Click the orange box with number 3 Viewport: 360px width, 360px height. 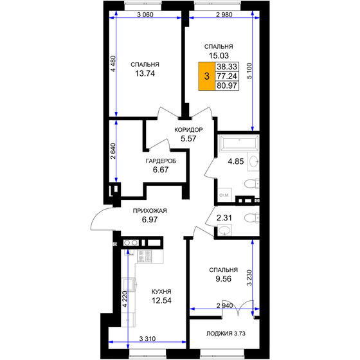tap(206, 76)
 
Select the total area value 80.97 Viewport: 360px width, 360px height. tap(226, 84)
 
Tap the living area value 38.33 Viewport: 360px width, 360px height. tap(226, 66)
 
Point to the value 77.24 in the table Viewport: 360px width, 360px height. tap(226, 75)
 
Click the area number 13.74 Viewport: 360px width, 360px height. tap(145, 73)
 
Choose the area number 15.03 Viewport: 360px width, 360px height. tap(218, 56)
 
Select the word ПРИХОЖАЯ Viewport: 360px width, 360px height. tap(149, 211)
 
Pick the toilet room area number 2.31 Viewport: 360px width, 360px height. tap(224, 219)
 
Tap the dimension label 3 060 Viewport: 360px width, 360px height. tap(148, 15)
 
